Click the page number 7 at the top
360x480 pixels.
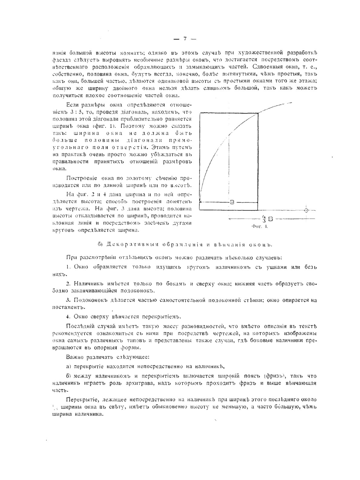tap(185, 39)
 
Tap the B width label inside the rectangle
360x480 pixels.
tap(232, 202)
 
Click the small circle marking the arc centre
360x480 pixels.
tap(306, 210)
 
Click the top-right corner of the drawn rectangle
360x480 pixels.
tap(258, 113)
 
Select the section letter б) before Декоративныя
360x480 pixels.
tap(100, 245)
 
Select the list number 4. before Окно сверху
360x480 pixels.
tap(68, 317)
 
